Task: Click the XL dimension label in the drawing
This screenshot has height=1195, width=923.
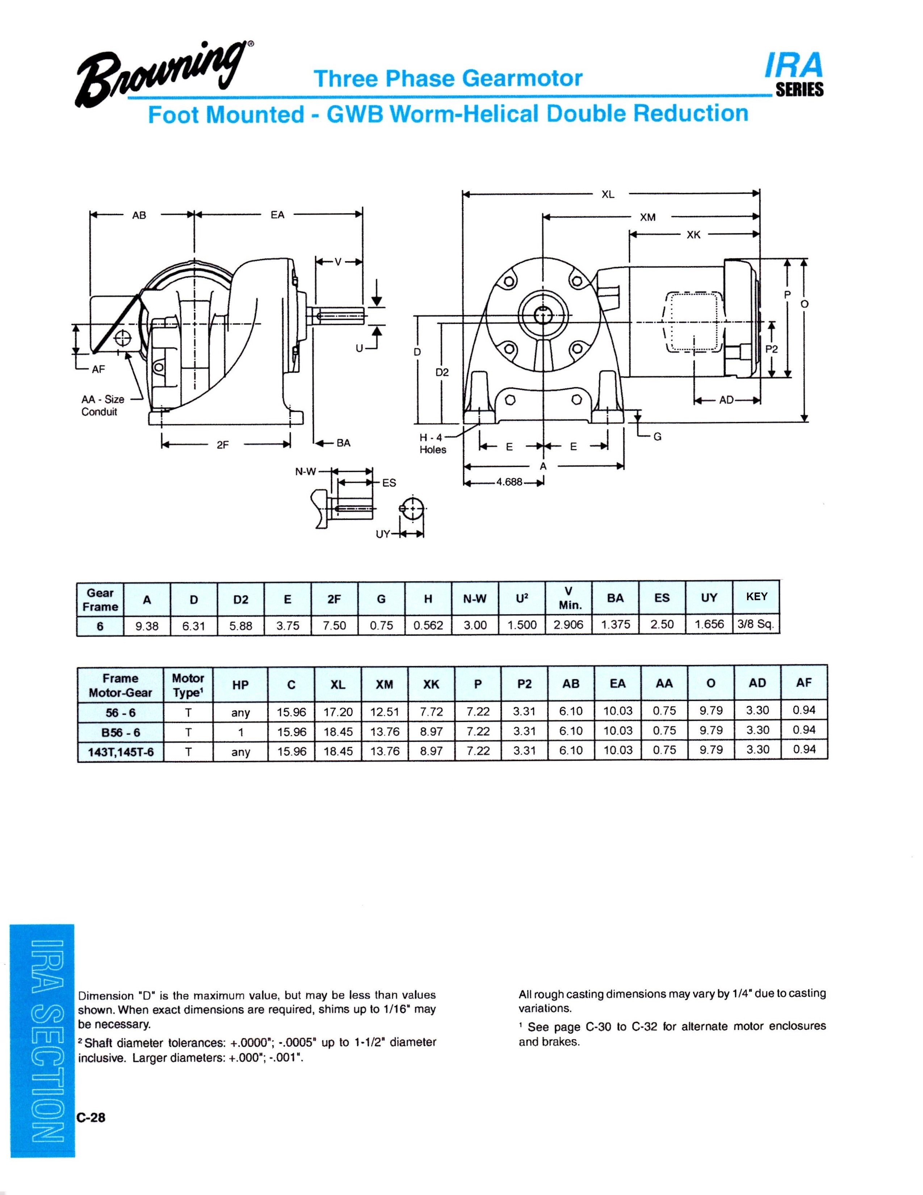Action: pos(608,194)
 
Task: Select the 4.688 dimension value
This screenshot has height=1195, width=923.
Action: pos(509,482)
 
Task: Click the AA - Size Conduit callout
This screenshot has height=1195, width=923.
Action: pos(102,405)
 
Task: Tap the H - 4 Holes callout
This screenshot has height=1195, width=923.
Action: pos(432,444)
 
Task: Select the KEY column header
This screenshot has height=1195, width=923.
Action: pos(756,596)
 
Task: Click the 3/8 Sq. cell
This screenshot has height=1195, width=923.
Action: pos(756,624)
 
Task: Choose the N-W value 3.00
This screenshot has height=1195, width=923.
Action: pos(475,625)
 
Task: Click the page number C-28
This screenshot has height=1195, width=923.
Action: pos(91,1117)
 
